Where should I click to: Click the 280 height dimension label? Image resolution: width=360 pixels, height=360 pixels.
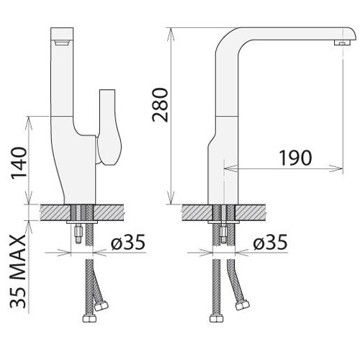tap(161, 105)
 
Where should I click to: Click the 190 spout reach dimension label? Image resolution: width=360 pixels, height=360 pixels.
tap(296, 158)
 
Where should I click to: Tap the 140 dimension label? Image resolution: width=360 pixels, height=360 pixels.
tap(19, 163)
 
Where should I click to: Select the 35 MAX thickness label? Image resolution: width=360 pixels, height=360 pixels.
tap(18, 271)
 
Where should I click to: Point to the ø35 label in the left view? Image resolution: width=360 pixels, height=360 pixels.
tap(128, 242)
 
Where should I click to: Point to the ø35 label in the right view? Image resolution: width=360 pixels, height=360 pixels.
tap(270, 242)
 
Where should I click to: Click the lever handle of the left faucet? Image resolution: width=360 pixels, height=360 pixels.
tap(109, 127)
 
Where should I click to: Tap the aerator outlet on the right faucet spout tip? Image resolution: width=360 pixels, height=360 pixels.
tap(342, 42)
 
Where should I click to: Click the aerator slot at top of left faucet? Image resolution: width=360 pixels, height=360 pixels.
tap(62, 42)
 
